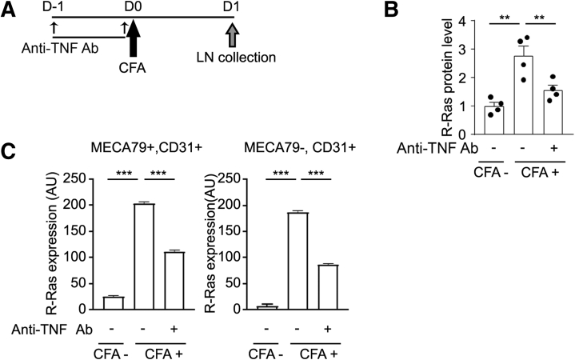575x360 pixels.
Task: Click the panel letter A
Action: click(x=10, y=12)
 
